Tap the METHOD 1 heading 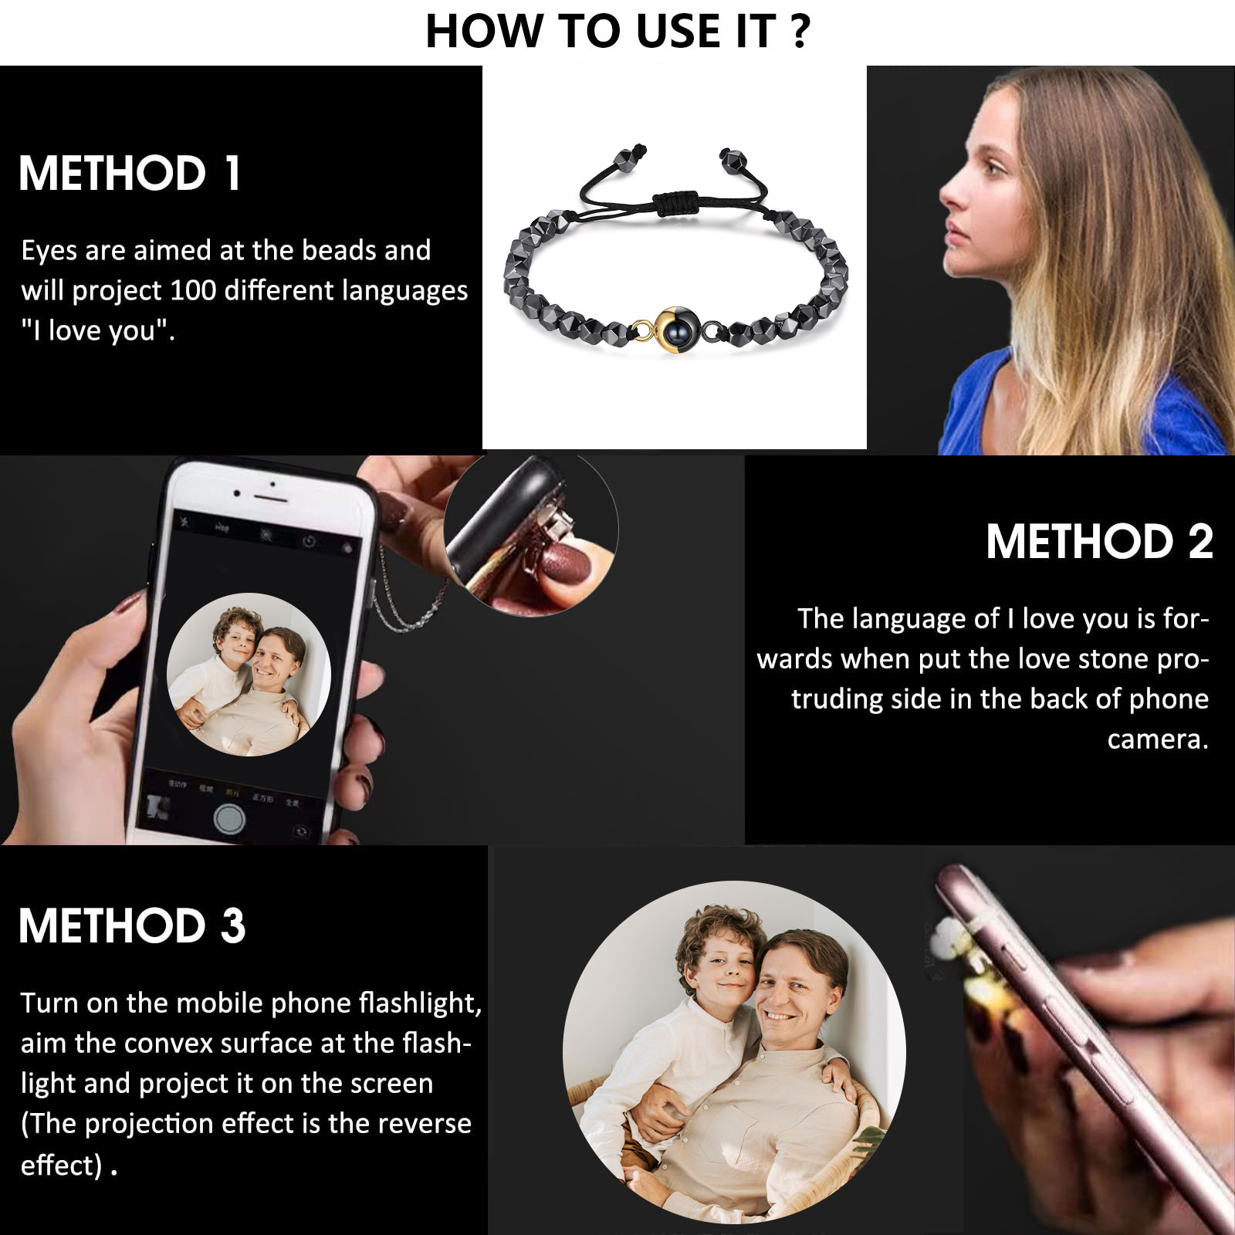pos(130,173)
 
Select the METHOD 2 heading pos(1099,541)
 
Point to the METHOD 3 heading pos(132,925)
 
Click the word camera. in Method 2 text pos(1158,739)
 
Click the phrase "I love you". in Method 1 pos(98,330)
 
